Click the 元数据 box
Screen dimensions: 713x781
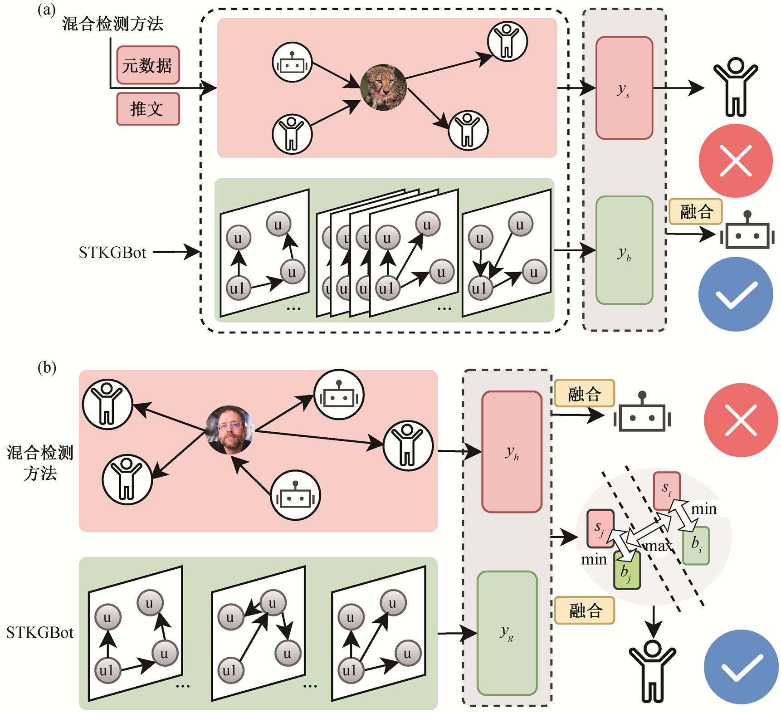(147, 65)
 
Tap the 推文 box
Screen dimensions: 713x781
(147, 109)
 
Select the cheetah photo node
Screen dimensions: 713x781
(383, 87)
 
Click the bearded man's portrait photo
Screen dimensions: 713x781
(229, 429)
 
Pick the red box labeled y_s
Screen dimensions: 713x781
(624, 88)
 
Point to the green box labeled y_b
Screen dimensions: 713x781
(624, 250)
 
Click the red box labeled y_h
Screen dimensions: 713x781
(512, 452)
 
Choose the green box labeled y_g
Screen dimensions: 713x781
(507, 633)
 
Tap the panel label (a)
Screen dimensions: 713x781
(47, 10)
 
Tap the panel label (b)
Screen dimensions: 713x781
(47, 367)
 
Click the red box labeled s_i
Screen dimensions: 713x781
(666, 490)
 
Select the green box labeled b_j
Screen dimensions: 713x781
(627, 570)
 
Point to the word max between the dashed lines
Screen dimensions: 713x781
(659, 546)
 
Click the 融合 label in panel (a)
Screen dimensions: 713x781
(695, 211)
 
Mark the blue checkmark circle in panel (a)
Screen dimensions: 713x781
(735, 294)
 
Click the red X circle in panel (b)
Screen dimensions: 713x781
(741, 420)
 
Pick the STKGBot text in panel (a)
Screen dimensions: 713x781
(112, 252)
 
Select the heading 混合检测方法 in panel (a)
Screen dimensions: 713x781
(112, 24)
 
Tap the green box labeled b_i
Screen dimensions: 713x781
(696, 545)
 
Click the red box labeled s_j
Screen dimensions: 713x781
(600, 528)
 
